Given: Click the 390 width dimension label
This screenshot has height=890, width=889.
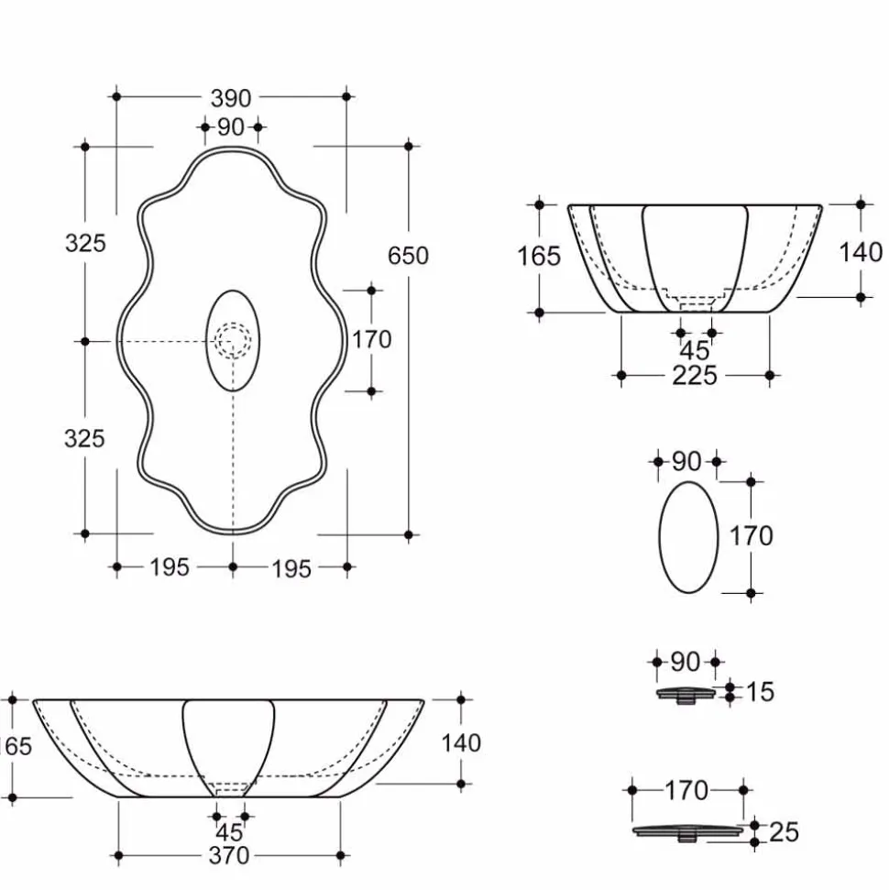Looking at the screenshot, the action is click(231, 98).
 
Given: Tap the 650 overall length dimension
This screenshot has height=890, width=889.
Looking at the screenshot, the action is click(408, 256).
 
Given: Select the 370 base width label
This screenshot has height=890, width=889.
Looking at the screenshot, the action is click(229, 855).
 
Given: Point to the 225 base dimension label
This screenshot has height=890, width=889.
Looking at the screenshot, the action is click(695, 376).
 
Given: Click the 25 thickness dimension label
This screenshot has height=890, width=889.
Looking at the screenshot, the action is click(784, 832).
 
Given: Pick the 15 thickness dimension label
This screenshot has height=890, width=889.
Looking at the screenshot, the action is click(760, 692).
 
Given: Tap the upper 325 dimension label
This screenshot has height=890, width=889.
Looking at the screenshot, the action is click(85, 244).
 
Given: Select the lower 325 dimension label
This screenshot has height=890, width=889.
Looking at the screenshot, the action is click(84, 439).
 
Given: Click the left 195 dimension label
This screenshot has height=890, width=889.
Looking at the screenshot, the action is click(170, 567).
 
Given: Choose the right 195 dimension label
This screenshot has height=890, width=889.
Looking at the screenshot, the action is click(291, 568).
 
